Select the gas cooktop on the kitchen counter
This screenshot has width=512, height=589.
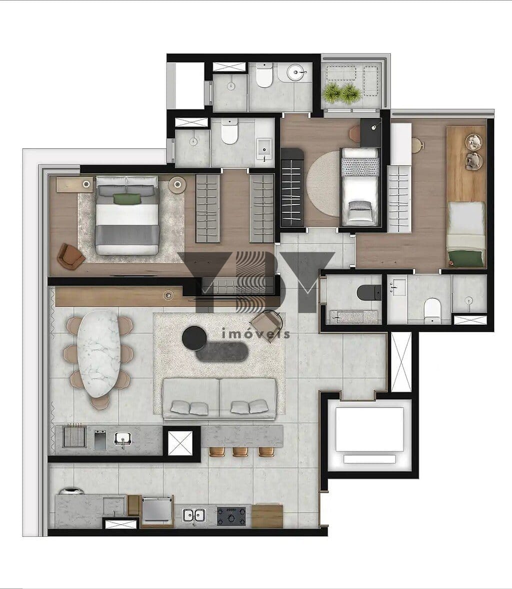tap(231, 516)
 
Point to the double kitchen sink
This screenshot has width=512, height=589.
tap(193, 514)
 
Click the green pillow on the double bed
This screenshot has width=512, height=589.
tap(127, 199)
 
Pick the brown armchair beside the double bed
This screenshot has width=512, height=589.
tap(71, 256)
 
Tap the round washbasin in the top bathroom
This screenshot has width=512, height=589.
tap(297, 72)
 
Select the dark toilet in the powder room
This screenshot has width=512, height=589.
tap(369, 293)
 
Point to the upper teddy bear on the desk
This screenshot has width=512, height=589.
tap(473, 142)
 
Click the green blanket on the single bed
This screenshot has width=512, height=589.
tap(466, 258)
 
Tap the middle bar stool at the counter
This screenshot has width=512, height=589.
tap(240, 451)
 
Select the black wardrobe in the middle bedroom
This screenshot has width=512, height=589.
tap(292, 187)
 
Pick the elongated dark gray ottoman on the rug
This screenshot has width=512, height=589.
tap(222, 352)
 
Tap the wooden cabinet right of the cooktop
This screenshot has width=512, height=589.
tap(267, 516)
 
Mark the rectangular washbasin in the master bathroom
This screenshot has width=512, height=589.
tap(265, 148)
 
